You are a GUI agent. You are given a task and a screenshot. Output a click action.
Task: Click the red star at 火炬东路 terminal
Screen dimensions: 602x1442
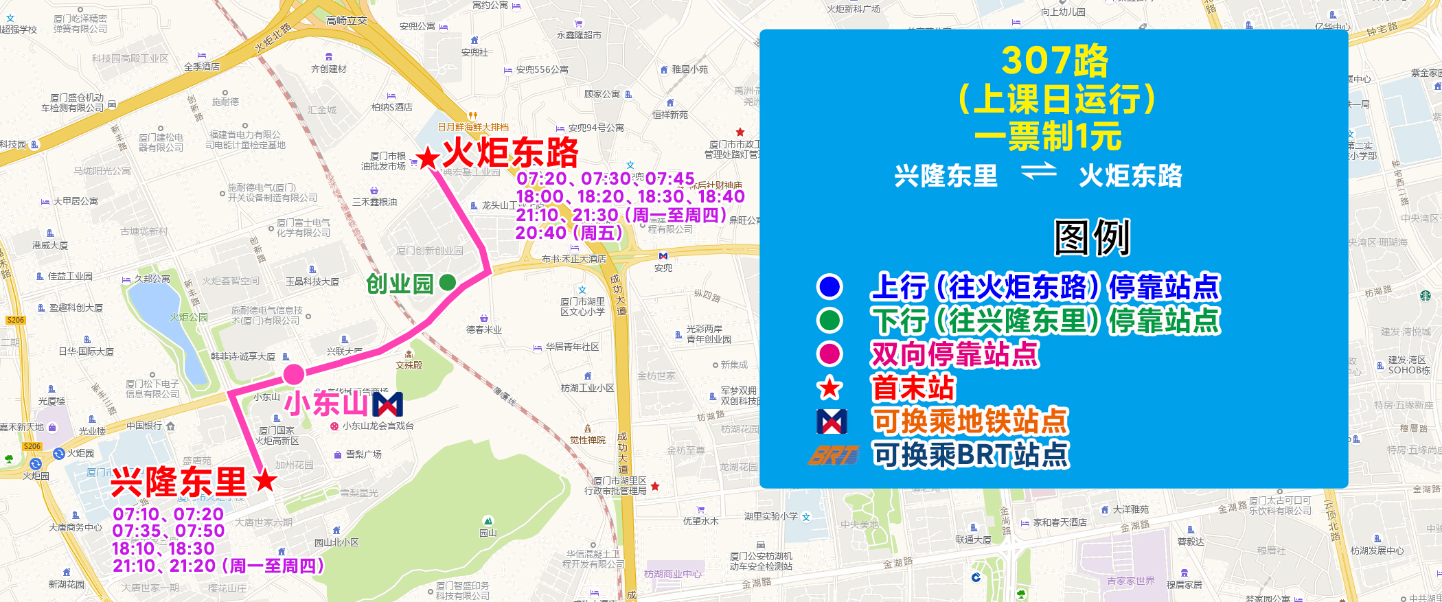[x=428, y=159]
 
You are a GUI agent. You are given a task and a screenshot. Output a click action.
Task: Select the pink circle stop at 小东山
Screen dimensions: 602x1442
[x=294, y=374]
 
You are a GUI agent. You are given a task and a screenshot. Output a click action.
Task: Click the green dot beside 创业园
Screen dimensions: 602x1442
[x=447, y=282]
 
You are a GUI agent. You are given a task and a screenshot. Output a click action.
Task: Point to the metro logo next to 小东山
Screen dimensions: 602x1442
[x=387, y=404]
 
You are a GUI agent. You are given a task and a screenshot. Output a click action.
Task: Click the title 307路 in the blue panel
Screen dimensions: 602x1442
[x=1055, y=60]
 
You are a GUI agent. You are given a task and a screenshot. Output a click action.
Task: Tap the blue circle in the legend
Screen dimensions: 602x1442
[x=829, y=286]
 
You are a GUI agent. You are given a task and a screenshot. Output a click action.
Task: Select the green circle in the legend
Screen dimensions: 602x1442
[x=829, y=320]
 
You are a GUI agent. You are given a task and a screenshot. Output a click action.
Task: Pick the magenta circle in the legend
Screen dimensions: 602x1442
[x=829, y=354]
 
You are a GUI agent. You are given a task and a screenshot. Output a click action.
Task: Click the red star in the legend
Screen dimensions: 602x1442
[x=829, y=388]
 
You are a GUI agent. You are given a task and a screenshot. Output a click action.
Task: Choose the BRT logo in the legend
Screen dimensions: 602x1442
[x=833, y=455]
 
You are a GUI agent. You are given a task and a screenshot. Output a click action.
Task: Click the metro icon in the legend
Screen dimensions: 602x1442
[x=832, y=421]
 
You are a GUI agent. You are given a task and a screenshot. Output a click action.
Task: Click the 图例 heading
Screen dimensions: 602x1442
[x=1092, y=238]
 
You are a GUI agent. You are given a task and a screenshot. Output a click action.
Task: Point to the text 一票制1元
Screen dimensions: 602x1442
[x=1048, y=136]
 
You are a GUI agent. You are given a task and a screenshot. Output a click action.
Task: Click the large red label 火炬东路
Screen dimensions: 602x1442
[x=510, y=152]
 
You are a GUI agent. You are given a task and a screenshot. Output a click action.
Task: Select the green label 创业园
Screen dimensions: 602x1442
[x=400, y=283]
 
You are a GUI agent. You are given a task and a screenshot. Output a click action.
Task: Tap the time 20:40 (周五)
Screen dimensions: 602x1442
[x=569, y=233]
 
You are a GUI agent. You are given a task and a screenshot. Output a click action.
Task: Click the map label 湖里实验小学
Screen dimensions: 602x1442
[x=771, y=516]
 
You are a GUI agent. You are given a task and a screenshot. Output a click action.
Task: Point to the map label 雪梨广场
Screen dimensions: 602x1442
[x=363, y=454]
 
